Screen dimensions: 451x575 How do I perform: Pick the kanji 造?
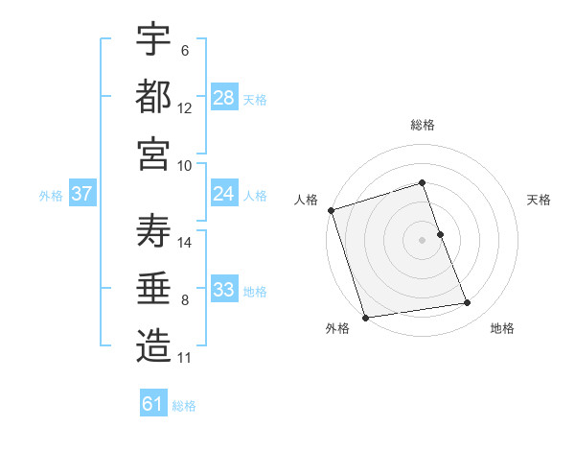(x=153, y=345)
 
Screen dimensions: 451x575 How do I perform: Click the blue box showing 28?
(x=224, y=98)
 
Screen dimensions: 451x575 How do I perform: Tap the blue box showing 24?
(x=224, y=194)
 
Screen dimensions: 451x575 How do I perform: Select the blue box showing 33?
(x=224, y=290)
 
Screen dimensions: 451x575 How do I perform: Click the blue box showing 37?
(x=81, y=194)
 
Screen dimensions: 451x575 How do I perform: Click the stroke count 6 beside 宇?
(x=184, y=51)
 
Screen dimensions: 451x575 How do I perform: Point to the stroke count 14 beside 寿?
(x=186, y=242)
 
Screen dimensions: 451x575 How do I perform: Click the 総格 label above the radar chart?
(x=422, y=125)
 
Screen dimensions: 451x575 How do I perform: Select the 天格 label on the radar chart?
(x=540, y=200)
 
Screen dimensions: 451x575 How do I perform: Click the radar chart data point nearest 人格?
(x=331, y=210)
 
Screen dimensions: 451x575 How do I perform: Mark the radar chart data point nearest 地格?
(x=468, y=303)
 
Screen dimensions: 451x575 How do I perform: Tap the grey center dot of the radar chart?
(x=422, y=240)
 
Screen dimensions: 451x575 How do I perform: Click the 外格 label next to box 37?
(x=51, y=195)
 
